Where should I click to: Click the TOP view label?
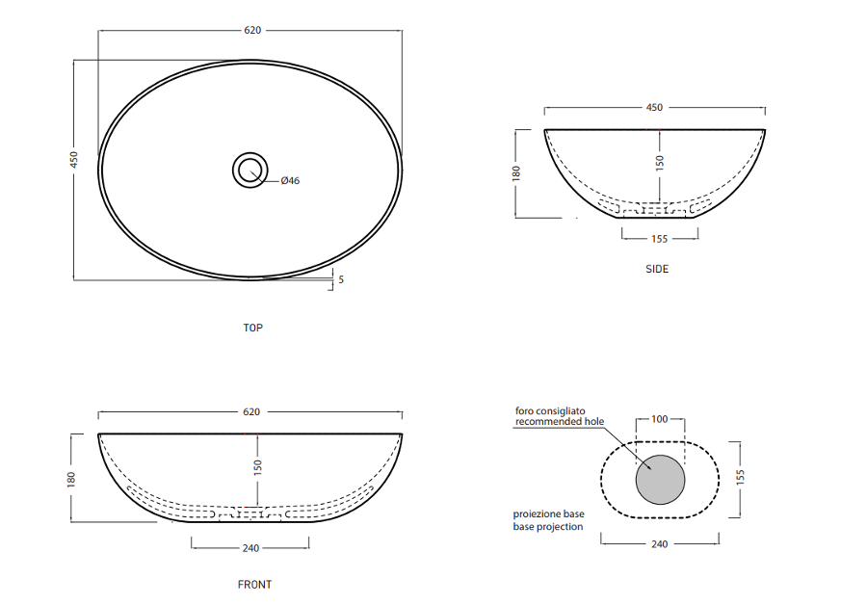click(x=252, y=328)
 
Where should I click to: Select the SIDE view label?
click(x=657, y=269)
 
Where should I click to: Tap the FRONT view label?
click(x=254, y=584)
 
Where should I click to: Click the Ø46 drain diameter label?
click(x=290, y=180)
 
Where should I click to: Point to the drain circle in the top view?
click(x=250, y=153)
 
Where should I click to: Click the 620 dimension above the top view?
click(x=252, y=30)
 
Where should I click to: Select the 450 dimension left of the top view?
click(x=73, y=159)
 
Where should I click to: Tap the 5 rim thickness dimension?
click(x=341, y=279)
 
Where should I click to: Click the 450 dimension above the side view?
click(x=654, y=107)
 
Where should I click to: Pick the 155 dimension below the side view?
click(x=659, y=238)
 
